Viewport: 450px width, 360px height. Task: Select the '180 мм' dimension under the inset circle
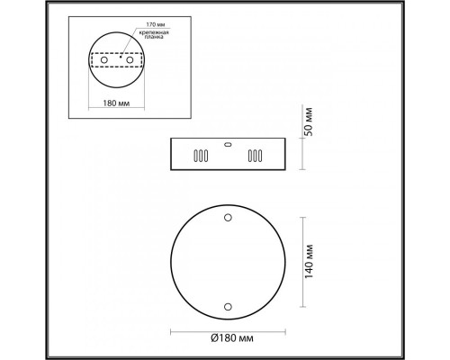pos(116,103)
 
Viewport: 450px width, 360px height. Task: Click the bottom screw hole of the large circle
pos(226,307)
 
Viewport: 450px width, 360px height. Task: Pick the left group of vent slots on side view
pos(196,156)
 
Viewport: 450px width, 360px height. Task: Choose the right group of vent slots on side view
pos(256,156)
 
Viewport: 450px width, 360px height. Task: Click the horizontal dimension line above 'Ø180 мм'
pos(225,328)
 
